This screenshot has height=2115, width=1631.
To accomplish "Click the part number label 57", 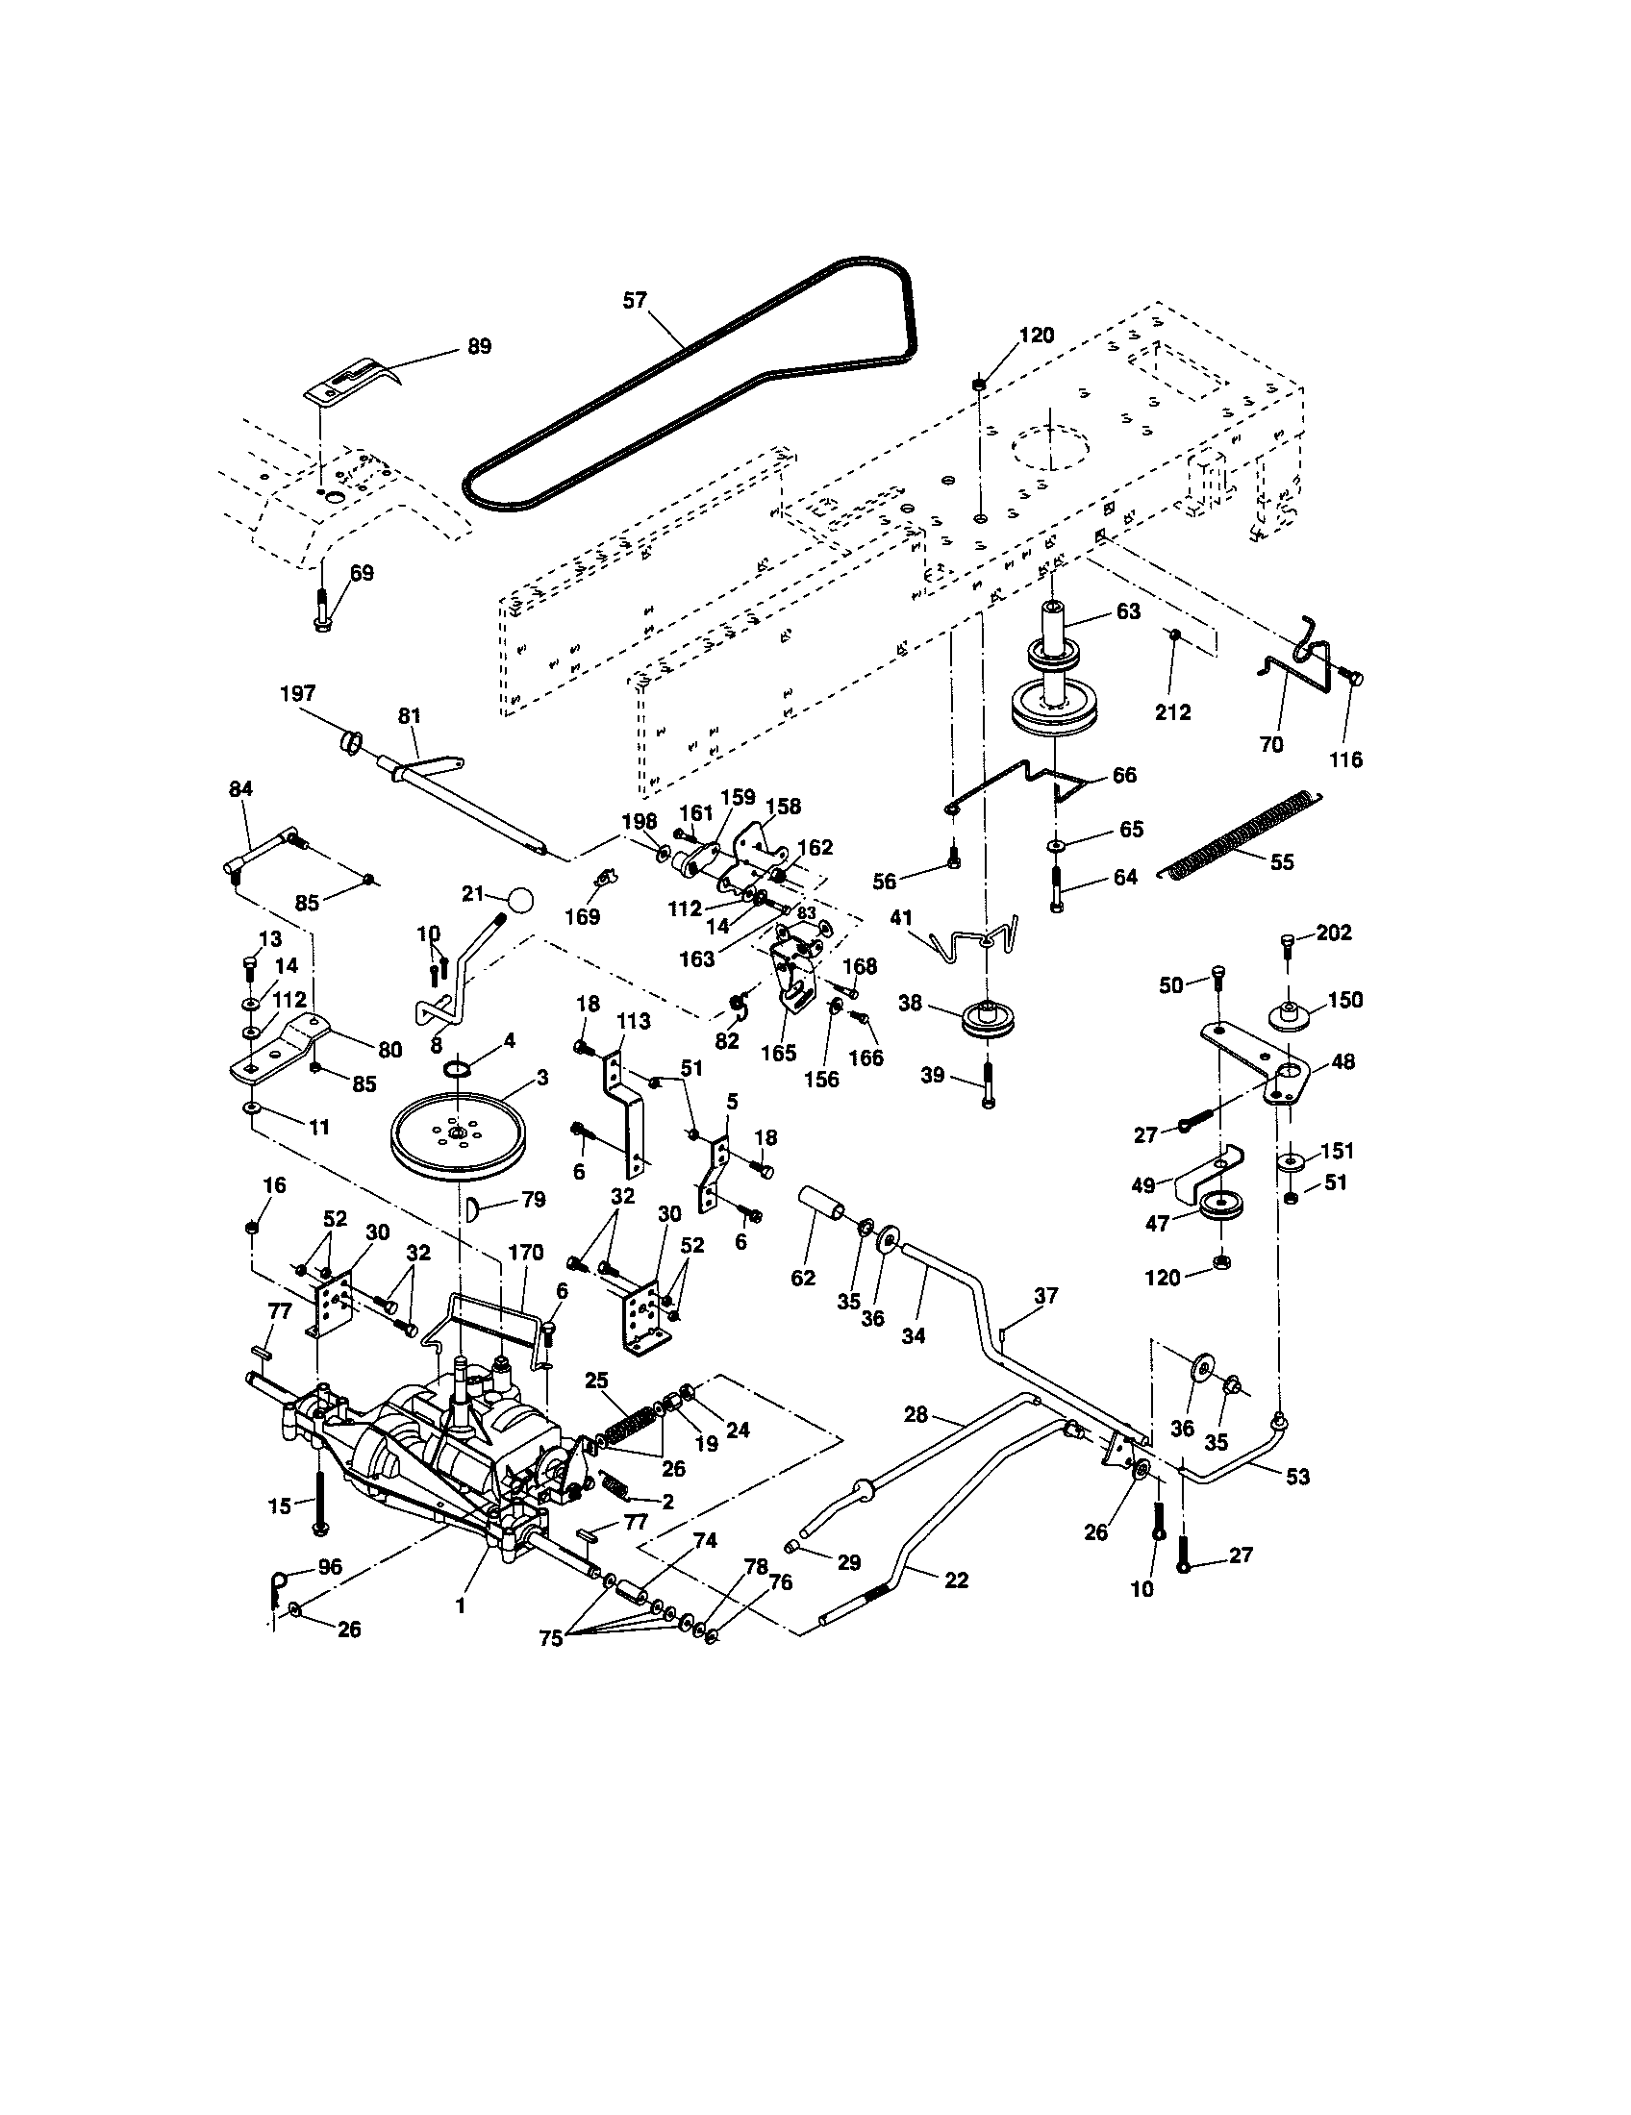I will click(x=634, y=300).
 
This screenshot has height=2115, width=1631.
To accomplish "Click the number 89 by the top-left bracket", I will click(x=479, y=346).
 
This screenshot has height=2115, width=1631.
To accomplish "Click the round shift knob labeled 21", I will click(x=521, y=900).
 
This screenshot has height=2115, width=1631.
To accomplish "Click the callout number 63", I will click(x=1127, y=611).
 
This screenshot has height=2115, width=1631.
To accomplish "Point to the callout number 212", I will click(x=1173, y=711).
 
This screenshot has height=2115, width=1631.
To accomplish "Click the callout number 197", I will click(x=297, y=693).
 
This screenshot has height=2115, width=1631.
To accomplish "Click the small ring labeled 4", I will click(x=459, y=1068).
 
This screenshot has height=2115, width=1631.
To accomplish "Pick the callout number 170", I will click(x=525, y=1252).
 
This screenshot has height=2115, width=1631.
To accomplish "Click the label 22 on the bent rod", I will click(x=955, y=1580).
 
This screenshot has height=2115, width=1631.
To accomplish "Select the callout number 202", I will click(x=1334, y=932).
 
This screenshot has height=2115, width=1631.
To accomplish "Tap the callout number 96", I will click(x=330, y=1567).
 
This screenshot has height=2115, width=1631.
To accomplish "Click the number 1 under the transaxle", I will click(x=460, y=1605).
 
